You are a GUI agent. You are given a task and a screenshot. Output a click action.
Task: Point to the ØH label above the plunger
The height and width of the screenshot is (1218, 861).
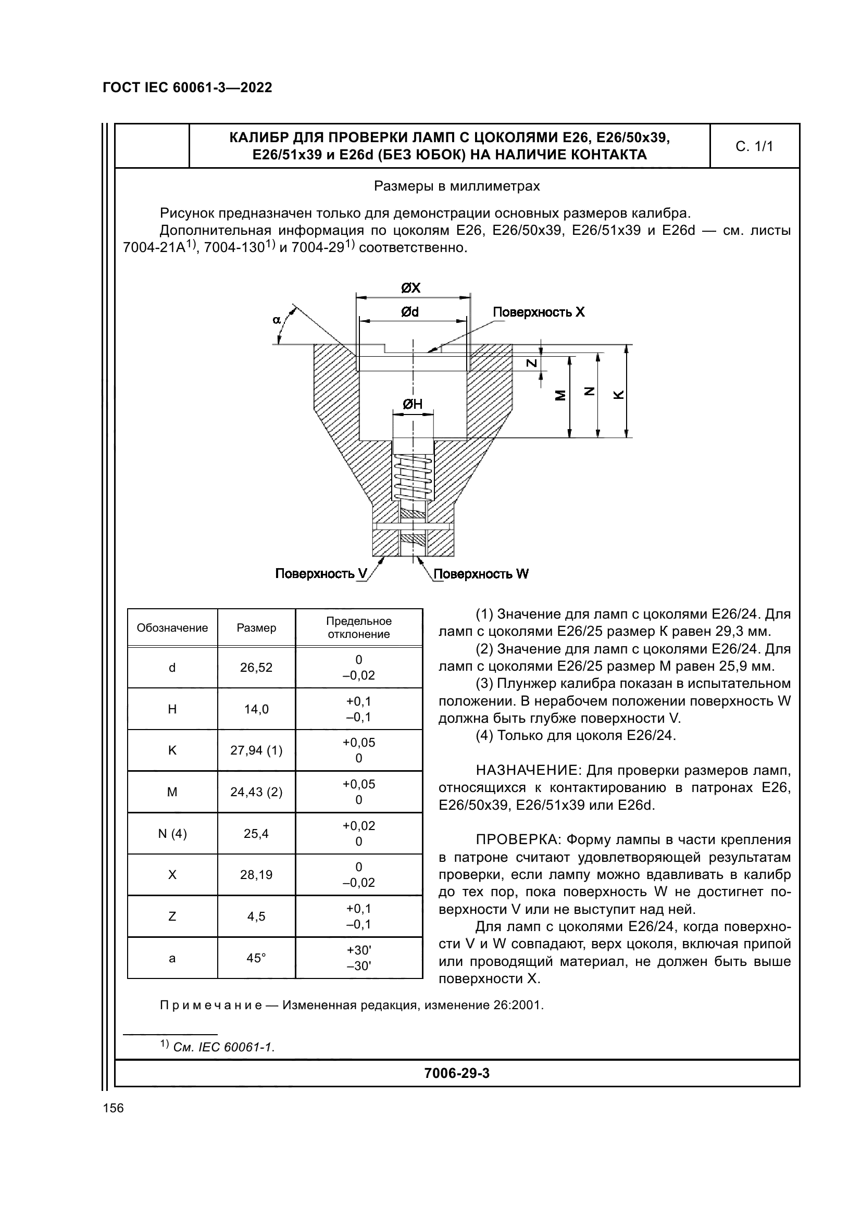point(413,404)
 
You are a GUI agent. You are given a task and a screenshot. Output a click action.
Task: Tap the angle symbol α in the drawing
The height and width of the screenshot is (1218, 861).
point(277,319)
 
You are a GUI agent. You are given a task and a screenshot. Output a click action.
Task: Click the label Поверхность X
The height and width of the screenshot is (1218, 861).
point(539,312)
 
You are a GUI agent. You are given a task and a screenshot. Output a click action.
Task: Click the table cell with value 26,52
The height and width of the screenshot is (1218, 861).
point(256,668)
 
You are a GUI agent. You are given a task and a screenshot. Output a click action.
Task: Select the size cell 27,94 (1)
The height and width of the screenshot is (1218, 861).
point(256,750)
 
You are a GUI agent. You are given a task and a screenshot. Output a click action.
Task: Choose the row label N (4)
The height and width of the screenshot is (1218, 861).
point(172,833)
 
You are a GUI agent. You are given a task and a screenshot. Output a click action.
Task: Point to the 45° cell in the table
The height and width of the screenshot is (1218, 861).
point(256,958)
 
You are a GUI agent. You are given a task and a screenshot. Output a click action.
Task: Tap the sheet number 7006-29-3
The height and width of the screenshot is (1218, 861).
point(457,1073)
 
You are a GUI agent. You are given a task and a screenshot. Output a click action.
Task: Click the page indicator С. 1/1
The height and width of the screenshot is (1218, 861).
point(754,146)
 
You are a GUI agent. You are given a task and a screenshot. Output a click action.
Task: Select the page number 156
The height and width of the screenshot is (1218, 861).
point(113,1108)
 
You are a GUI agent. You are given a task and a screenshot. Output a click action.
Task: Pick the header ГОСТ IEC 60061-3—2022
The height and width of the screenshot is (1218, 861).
point(188,87)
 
